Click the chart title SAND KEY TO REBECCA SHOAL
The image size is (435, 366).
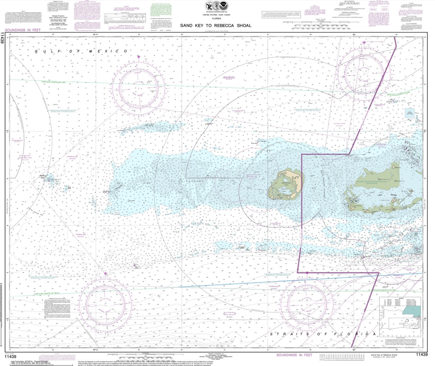pos(215,26)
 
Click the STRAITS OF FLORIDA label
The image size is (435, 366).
pos(320,334)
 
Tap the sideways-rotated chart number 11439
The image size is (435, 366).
pos(3,38)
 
